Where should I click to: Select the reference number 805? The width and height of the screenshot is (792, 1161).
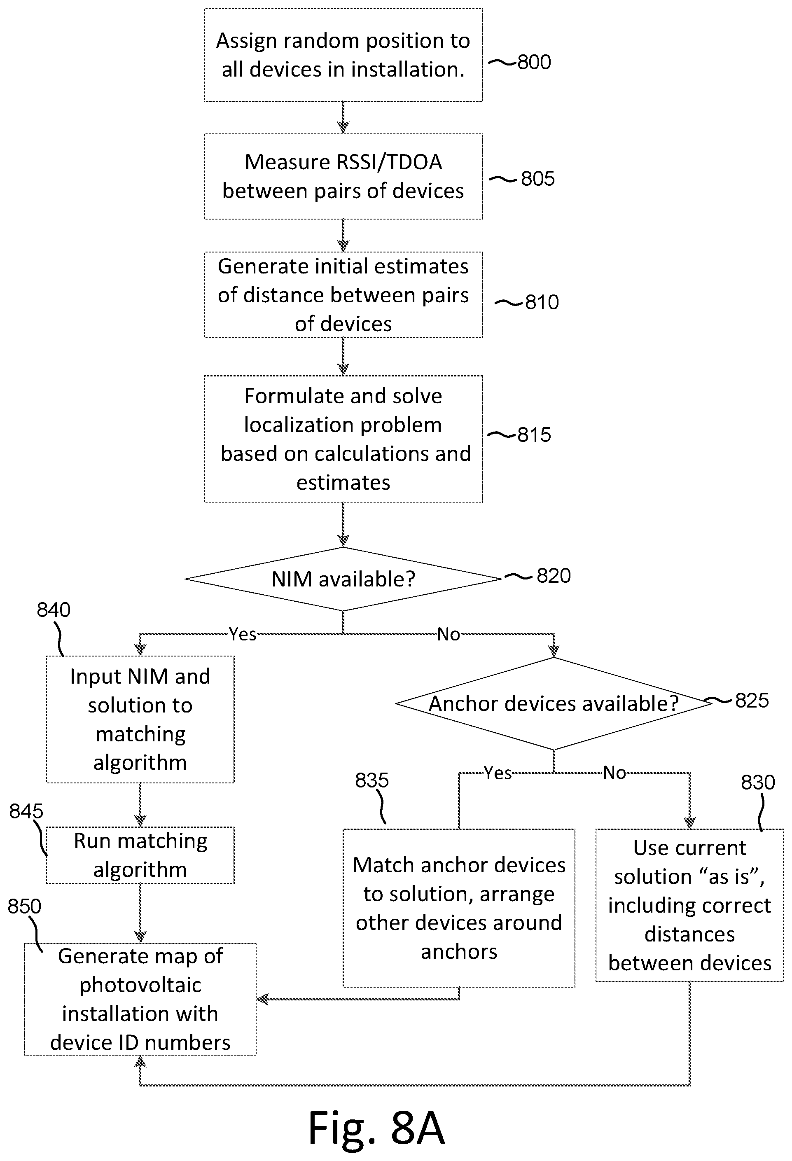tap(537, 179)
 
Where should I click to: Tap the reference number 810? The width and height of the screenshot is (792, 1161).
tap(542, 302)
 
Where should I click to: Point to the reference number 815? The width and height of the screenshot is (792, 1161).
tap(534, 434)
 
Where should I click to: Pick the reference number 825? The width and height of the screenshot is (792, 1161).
tap(752, 701)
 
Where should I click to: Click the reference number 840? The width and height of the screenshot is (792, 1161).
tap(54, 610)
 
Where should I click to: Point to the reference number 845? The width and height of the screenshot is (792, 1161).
tap(26, 811)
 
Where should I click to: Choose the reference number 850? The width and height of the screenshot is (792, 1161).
tap(24, 906)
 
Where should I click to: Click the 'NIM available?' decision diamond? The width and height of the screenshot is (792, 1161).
tap(343, 579)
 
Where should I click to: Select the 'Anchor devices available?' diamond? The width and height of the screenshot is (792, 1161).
tap(554, 703)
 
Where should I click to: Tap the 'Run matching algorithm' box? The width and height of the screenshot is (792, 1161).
tap(140, 855)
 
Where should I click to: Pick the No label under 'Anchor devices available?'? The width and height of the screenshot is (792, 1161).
tap(614, 773)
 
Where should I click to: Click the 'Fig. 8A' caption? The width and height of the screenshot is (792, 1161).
tap(376, 1128)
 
